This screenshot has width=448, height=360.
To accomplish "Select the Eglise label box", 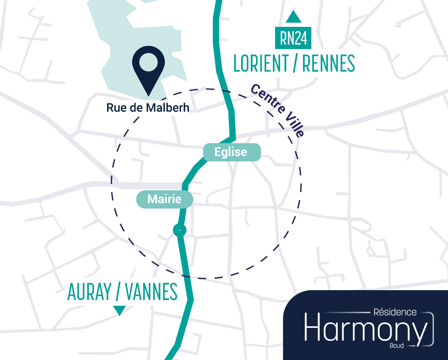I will click(231, 152).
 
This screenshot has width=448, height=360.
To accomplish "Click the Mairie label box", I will click(164, 199).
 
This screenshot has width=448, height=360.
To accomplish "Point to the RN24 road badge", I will click(293, 39).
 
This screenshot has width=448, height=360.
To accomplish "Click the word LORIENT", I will click(261, 64).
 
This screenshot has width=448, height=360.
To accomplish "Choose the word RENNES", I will click(328, 64).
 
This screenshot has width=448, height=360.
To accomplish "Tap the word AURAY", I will click(89, 293).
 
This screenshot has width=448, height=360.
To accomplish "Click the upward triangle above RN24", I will click(293, 17).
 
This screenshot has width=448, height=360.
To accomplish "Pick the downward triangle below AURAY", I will click(119, 310).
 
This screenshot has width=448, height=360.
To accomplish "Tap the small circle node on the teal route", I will click(179, 230).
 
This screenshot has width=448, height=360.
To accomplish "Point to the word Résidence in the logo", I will click(394, 312).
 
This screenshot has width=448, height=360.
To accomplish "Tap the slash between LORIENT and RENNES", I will click(295, 64).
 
